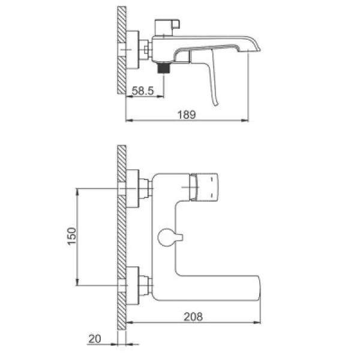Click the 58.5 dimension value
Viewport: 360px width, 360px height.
[x=143, y=91]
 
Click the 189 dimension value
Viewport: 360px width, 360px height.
[x=187, y=115]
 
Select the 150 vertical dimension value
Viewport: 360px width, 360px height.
[x=72, y=236]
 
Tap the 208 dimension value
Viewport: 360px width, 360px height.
[x=193, y=317]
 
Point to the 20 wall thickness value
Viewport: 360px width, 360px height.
[x=95, y=338]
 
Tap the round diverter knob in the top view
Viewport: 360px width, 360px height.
[x=170, y=238]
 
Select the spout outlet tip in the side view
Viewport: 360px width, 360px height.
[x=254, y=50]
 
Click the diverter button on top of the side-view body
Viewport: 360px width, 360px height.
[x=167, y=28]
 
